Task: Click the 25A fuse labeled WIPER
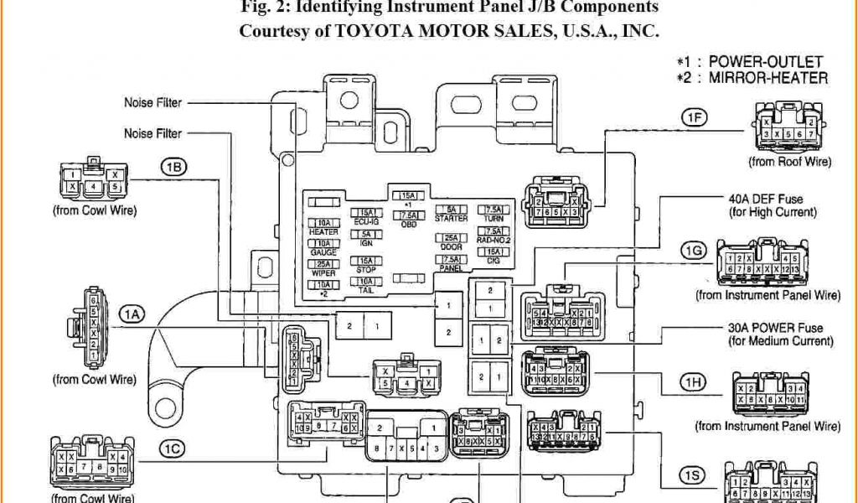pos(323,264)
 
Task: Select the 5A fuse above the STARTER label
pos(451,209)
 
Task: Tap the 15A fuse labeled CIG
pos(494,252)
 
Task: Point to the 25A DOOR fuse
pos(451,238)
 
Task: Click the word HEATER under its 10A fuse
pos(323,231)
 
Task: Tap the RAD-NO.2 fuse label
pos(494,241)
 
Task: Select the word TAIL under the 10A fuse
pos(366,291)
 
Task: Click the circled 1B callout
pos(173,167)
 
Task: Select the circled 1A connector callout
pos(132,314)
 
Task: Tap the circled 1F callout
pos(693,118)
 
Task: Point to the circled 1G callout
pos(693,251)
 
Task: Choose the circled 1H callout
pos(693,383)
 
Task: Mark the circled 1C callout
pos(173,449)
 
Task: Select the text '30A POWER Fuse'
pos(776,328)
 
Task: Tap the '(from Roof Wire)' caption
pos(790,162)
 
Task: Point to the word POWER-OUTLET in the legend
pos(766,62)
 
